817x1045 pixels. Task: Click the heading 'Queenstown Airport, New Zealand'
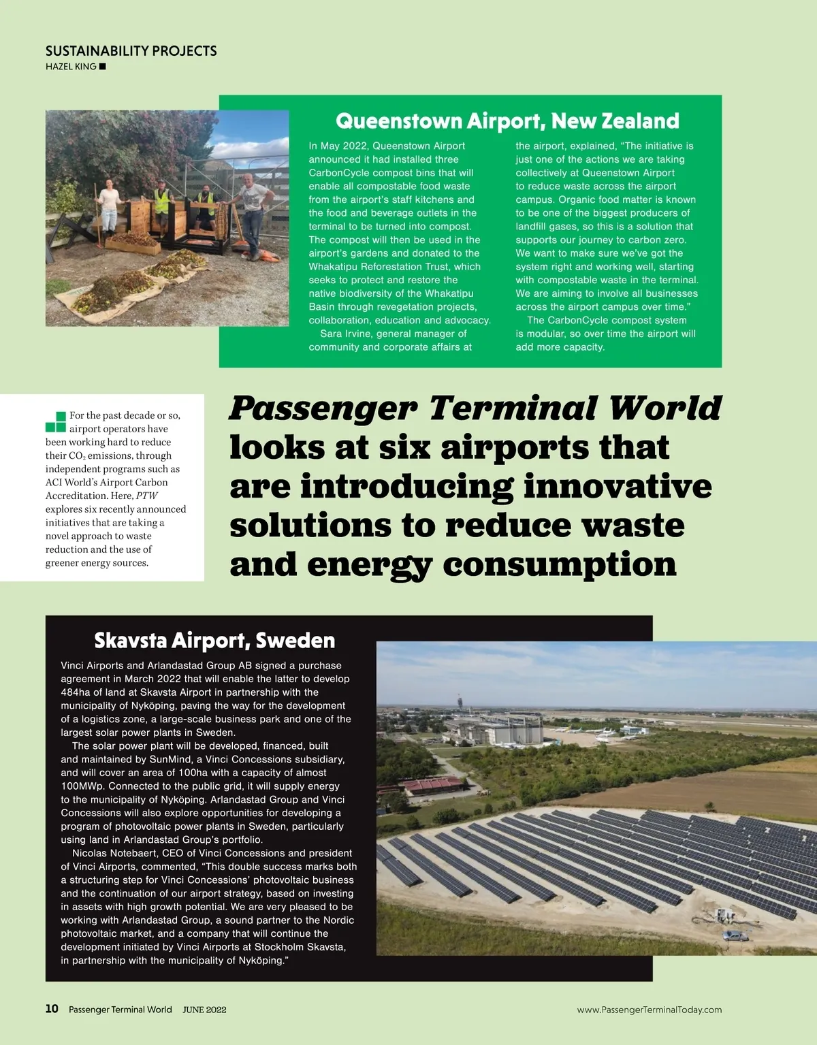pos(507,121)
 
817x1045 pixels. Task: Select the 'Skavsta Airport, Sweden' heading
pos(214,641)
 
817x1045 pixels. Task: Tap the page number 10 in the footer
pos(52,1009)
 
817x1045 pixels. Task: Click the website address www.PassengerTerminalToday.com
pos(649,1010)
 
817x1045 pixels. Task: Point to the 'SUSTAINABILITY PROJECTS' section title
pos(131,51)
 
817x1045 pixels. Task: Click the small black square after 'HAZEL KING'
pos(103,67)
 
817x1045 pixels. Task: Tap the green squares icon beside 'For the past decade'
pos(56,422)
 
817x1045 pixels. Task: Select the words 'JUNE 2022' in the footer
pos(204,1010)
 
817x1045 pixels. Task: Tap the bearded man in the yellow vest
pos(205,208)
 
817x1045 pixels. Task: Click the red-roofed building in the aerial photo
pos(432,786)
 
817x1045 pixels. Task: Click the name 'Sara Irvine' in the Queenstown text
pos(348,334)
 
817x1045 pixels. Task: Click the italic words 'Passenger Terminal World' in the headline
pos(475,408)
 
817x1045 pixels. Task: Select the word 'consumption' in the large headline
pos(560,564)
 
